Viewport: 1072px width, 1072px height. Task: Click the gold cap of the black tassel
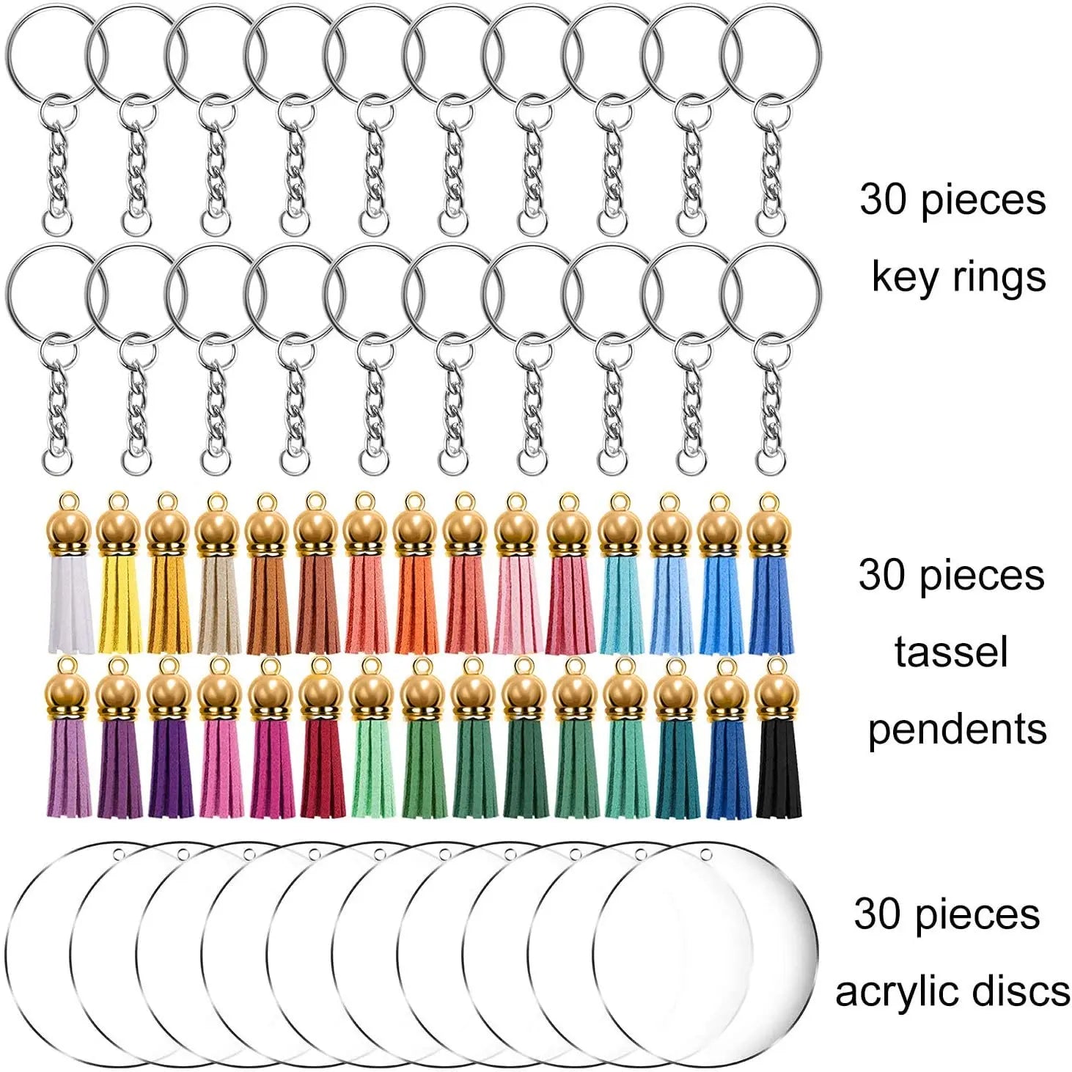coord(777,697)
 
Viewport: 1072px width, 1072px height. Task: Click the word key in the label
coord(904,277)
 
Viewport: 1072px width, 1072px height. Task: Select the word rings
coord(996,277)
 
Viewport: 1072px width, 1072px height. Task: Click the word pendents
coord(957,729)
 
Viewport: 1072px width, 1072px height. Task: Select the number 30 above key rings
coord(886,199)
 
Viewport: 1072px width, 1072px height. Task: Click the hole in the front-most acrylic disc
coord(706,853)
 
